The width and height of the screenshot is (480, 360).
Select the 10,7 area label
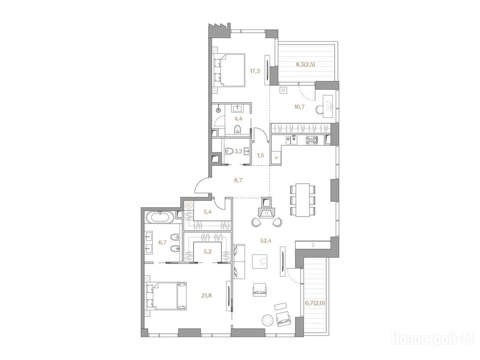point(299,107)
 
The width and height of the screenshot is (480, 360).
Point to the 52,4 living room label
point(266,240)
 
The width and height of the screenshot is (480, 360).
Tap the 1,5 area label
point(261,155)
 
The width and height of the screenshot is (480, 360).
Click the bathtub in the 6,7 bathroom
point(161,218)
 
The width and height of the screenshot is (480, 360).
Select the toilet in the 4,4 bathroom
point(238,130)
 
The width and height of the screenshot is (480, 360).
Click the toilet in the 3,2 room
point(229,151)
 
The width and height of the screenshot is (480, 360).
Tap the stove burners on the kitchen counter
point(312,140)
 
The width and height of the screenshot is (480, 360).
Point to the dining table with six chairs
point(303,200)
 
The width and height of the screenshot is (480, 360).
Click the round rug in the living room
point(268,321)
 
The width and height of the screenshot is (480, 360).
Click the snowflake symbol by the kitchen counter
point(277,158)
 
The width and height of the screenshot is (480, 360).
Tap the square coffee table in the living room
point(260,262)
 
